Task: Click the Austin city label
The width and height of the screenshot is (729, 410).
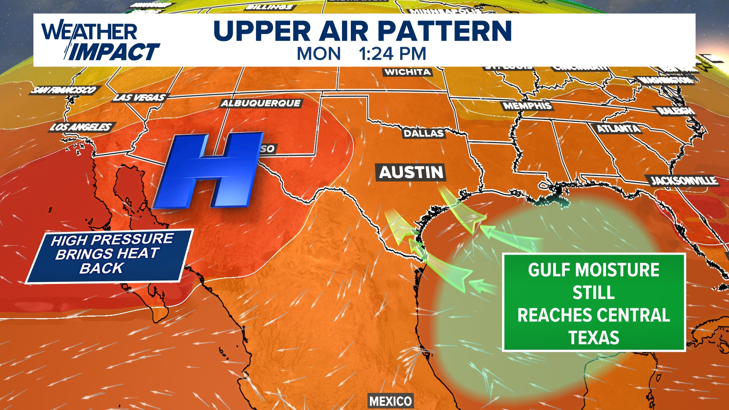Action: tap(411, 172)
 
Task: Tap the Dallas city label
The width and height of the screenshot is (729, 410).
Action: tap(423, 133)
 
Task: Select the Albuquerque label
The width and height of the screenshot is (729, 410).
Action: tap(261, 103)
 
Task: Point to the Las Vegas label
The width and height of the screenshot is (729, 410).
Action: tap(140, 98)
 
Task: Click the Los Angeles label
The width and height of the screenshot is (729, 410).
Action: tap(81, 127)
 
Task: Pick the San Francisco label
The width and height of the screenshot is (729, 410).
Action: tap(64, 90)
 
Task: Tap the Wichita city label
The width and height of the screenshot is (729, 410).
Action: tap(407, 72)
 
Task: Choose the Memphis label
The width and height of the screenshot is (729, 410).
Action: tap(527, 106)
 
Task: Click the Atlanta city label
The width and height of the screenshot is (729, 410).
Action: tap(619, 129)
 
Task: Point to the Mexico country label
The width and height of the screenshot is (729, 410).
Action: tap(391, 401)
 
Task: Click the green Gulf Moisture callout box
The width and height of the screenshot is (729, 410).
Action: tap(593, 303)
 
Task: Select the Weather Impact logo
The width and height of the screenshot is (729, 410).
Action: tap(99, 41)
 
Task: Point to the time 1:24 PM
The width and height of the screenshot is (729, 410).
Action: tap(393, 54)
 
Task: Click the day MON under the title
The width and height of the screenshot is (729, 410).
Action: tap(319, 54)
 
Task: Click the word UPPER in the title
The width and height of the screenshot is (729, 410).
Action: tap(262, 31)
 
